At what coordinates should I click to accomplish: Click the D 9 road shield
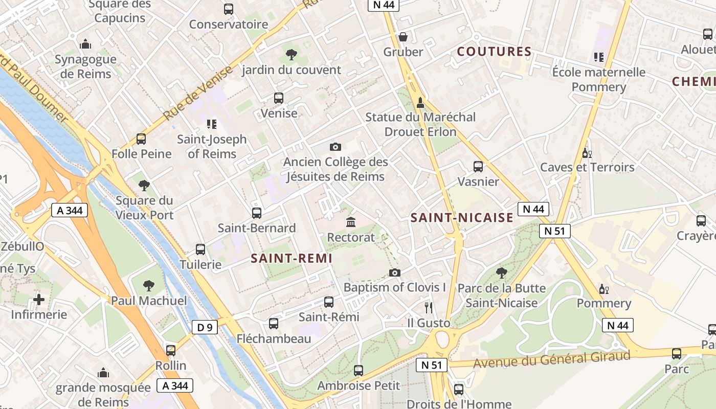point(205,327)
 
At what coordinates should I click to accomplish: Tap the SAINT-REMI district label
point(292,259)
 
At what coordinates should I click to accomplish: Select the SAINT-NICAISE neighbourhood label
point(462,218)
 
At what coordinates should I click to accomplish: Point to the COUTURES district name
point(494,52)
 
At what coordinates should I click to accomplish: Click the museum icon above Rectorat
point(351,222)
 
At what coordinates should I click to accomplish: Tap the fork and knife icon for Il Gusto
point(429,307)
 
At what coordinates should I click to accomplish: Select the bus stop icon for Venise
point(279,98)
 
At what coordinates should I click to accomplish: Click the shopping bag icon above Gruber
point(403,37)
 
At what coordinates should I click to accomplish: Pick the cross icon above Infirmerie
point(39,299)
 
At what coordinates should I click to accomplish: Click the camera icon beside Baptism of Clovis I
point(394,272)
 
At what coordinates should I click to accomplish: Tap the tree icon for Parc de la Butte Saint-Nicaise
point(501,272)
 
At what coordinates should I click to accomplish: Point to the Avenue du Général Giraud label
point(551,359)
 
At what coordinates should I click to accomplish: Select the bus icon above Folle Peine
point(141,139)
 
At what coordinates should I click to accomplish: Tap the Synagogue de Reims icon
point(85,44)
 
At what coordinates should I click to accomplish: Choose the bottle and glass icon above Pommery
point(604,289)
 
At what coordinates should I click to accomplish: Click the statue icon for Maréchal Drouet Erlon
point(420,102)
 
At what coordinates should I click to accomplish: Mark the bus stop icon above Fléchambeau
point(274,323)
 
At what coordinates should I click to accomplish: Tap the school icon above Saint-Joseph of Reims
point(212,124)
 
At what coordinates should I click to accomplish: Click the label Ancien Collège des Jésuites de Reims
point(335,169)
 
